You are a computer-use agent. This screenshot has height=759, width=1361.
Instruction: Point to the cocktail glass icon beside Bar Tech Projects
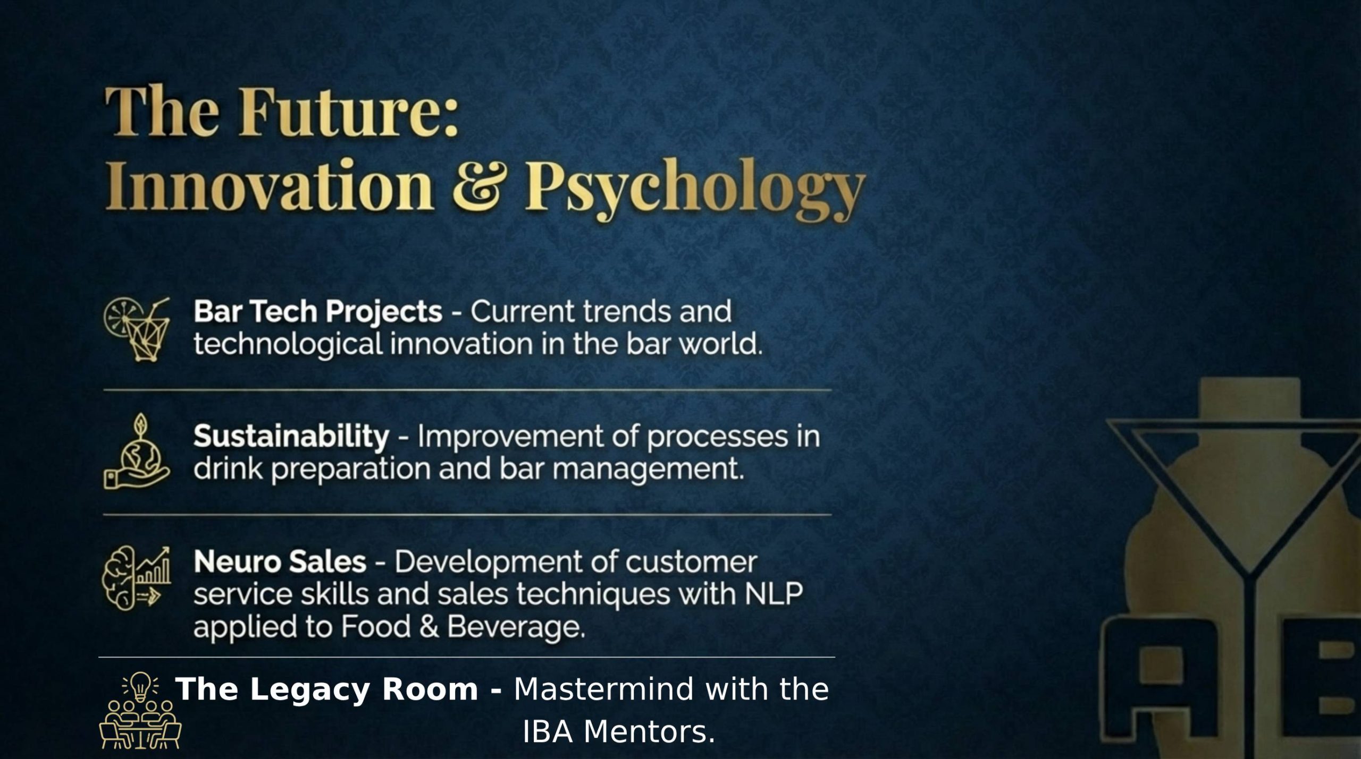pos(137,329)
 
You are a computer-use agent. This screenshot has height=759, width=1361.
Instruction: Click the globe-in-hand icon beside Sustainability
pos(137,452)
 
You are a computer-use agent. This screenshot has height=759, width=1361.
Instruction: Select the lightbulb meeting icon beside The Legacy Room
pos(140,711)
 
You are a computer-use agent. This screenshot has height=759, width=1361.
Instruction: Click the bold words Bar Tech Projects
pos(318,311)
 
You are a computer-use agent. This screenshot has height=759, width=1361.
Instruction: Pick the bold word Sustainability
pos(291,437)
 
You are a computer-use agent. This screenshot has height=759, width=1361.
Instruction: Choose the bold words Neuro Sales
pos(280,562)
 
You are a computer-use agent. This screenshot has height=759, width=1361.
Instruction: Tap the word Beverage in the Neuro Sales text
pos(515,627)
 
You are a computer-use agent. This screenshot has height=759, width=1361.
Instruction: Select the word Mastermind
pos(604,689)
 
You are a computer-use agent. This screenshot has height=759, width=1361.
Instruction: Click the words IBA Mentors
pos(619,732)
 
